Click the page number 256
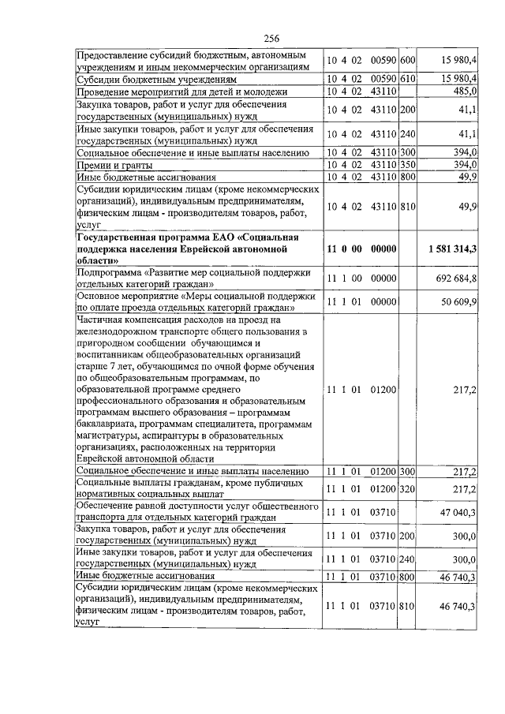[x=272, y=39]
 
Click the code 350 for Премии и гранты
[x=408, y=165]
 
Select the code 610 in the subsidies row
[x=408, y=80]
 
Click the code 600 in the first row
[x=408, y=62]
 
